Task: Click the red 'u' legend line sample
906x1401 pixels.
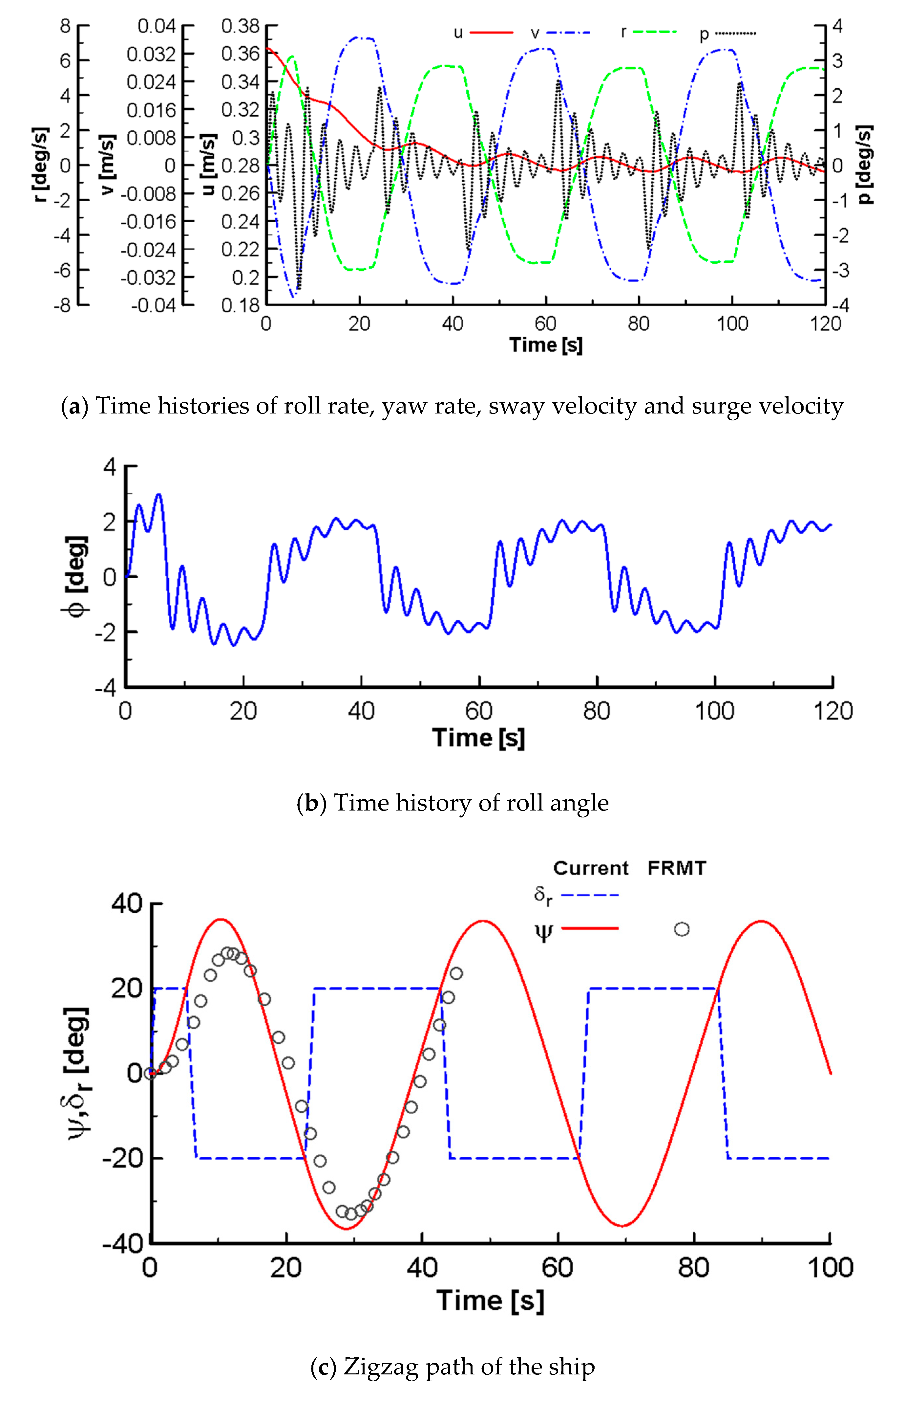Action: tap(491, 33)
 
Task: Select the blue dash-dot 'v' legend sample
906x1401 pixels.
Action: tap(568, 33)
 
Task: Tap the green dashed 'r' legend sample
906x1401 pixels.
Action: tap(655, 33)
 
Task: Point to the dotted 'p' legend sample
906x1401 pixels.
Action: tap(735, 33)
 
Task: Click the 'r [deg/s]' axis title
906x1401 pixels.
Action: tap(40, 165)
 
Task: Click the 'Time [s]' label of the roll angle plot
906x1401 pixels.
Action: tap(478, 738)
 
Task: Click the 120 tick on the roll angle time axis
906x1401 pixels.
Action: tap(832, 711)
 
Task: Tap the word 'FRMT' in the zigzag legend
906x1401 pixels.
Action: tap(677, 868)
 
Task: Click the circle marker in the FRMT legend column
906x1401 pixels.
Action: tap(681, 929)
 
